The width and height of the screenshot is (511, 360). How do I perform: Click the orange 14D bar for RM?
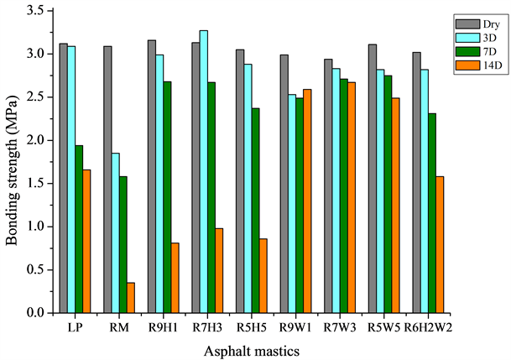(131, 298)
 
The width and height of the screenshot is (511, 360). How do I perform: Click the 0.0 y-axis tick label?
(38, 313)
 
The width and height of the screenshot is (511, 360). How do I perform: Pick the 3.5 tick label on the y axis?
(38, 10)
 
